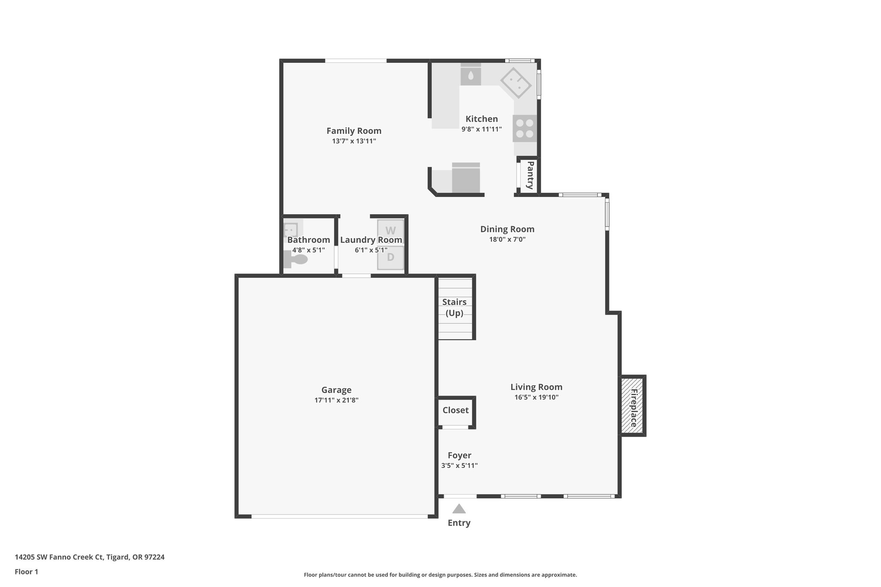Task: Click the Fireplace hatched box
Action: pyautogui.click(x=632, y=405)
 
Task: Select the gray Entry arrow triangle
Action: pyautogui.click(x=459, y=509)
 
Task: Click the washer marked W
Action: pyautogui.click(x=390, y=231)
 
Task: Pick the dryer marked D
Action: pyautogui.click(x=390, y=258)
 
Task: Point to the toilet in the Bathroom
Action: pyautogui.click(x=296, y=259)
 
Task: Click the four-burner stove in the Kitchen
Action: pyautogui.click(x=524, y=128)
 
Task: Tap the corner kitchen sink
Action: pyautogui.click(x=516, y=83)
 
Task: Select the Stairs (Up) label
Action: pyautogui.click(x=454, y=307)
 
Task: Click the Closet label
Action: pyautogui.click(x=456, y=410)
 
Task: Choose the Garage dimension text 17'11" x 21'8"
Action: pyautogui.click(x=336, y=400)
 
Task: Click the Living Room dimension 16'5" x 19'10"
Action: pyautogui.click(x=536, y=397)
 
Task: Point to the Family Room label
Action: pyautogui.click(x=354, y=131)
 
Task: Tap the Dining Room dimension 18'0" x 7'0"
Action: pyautogui.click(x=507, y=240)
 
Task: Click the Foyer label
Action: pyautogui.click(x=459, y=455)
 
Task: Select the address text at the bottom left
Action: pyautogui.click(x=89, y=557)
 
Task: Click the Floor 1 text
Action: pyautogui.click(x=26, y=572)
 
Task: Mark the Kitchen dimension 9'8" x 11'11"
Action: pyautogui.click(x=481, y=129)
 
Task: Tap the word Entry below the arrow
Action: pyautogui.click(x=459, y=523)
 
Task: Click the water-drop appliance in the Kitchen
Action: pyautogui.click(x=471, y=76)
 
